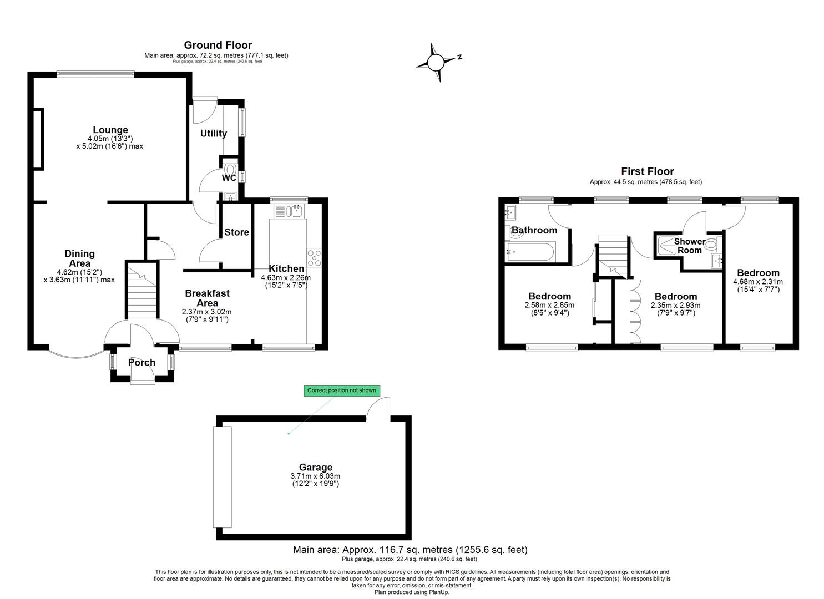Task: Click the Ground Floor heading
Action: (218, 45)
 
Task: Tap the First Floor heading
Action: (647, 171)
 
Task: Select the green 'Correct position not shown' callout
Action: (342, 390)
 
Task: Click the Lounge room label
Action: (110, 130)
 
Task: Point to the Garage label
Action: (315, 467)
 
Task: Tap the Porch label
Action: (141, 363)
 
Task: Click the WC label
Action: (229, 178)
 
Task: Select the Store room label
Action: (236, 232)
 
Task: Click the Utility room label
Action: (213, 133)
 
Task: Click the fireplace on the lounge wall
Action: (38, 139)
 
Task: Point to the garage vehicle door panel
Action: (222, 477)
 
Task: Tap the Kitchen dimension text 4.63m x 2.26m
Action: (286, 277)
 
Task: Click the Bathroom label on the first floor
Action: (534, 230)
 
